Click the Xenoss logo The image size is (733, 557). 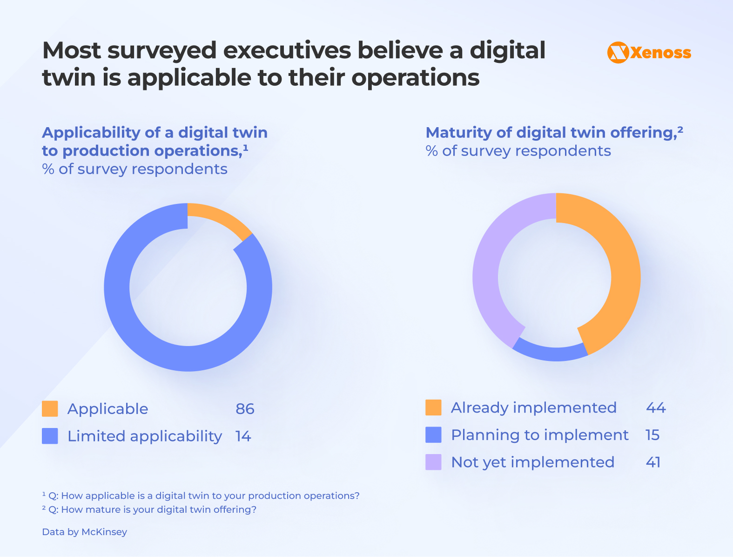click(x=649, y=53)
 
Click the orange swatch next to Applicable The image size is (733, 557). click(x=50, y=409)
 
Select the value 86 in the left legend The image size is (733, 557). click(x=245, y=409)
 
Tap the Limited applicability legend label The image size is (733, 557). click(x=144, y=436)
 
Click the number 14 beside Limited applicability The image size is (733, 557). click(x=243, y=436)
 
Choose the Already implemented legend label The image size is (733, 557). click(x=533, y=408)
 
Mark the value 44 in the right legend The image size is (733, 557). click(x=655, y=408)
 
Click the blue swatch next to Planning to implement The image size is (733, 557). click(x=433, y=435)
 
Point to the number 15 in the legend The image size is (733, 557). click(x=652, y=435)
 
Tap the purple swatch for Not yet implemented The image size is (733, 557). click(x=433, y=462)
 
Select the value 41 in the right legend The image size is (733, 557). click(x=653, y=462)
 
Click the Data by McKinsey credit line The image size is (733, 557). click(x=84, y=532)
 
